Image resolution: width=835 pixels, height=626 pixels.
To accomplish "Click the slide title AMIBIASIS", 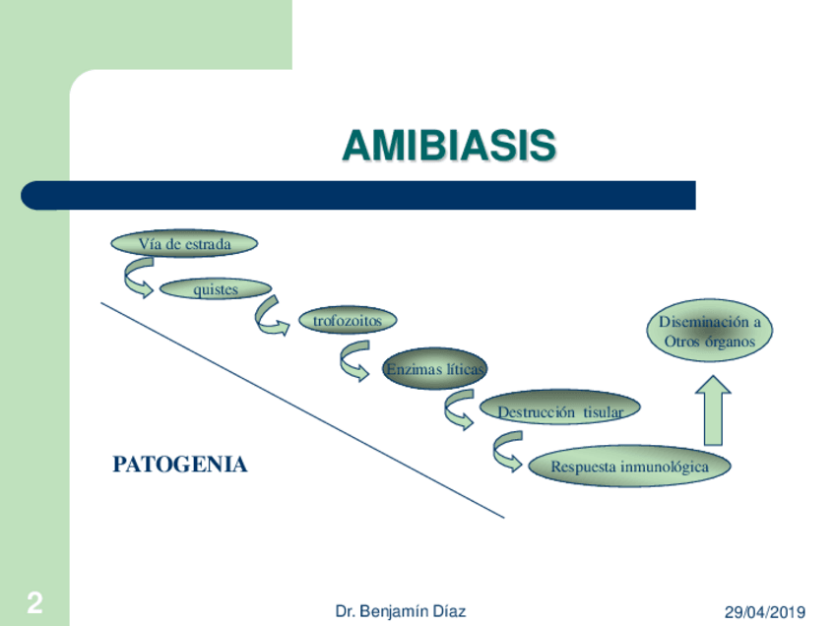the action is pos(449,145).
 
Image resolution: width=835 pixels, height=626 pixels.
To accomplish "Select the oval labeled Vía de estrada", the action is pos(184,244).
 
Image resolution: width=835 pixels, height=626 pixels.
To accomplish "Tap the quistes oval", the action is pos(216,289).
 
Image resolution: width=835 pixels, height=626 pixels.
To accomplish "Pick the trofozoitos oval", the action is pos(348,321).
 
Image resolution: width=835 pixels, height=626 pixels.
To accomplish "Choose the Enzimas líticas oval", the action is pos(434,368).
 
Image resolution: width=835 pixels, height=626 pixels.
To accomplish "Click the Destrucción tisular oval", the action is pos(559,407).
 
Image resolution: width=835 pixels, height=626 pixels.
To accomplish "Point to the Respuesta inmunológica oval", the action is pos(629,467).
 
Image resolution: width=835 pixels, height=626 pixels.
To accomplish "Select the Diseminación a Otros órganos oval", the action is pos(710,331).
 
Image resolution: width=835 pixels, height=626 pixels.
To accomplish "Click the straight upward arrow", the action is pos(713,410).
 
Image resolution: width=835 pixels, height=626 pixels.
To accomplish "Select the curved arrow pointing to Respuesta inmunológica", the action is pos(507,452).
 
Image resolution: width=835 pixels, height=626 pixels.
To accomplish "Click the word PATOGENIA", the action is pos(180,465).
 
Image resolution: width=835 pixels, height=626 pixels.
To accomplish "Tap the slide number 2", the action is pos(35,602).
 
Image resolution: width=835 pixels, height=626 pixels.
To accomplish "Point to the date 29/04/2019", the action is pos(765,612).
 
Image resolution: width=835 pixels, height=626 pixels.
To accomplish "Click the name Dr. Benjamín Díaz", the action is pos(401,611).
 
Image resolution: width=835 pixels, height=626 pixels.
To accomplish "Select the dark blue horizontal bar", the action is pos(358,195).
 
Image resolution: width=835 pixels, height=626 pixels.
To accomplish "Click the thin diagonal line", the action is pos(302,409).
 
